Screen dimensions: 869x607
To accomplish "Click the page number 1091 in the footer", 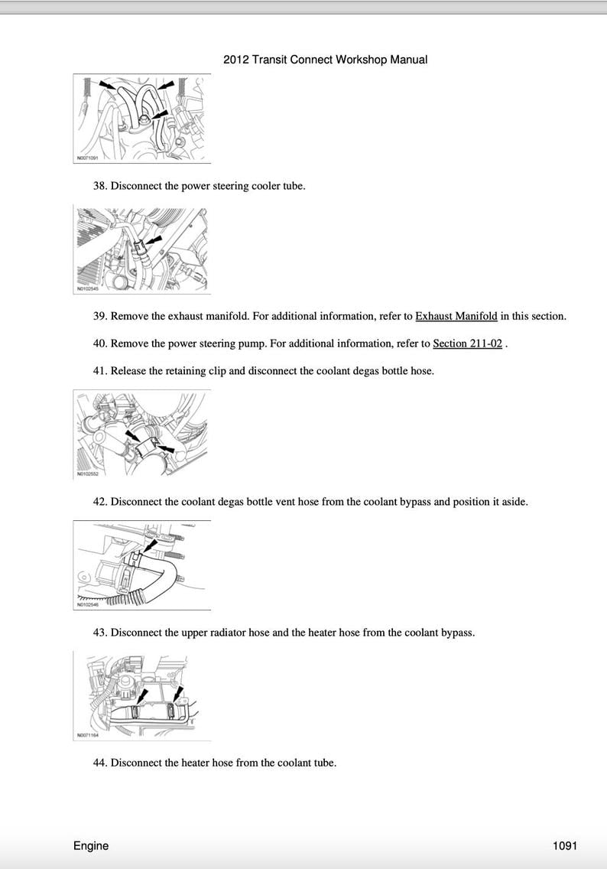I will pos(564,845).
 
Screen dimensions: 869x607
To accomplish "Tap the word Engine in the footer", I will pos(91,845).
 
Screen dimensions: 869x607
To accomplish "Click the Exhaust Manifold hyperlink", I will pos(456,316).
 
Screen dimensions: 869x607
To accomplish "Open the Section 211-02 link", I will pos(467,343).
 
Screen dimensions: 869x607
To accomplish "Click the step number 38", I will pos(99,186).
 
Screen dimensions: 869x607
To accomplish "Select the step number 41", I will pos(99,371).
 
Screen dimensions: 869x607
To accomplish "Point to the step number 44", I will pos(99,763).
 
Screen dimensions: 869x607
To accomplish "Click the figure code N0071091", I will pos(88,157).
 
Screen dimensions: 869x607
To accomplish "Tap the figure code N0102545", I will pos(88,289).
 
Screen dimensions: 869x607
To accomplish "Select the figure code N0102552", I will pos(88,474).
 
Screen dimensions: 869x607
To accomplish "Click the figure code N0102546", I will pos(88,605).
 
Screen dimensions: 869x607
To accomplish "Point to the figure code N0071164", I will pos(88,736).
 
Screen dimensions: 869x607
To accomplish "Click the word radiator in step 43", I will pos(240,633).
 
